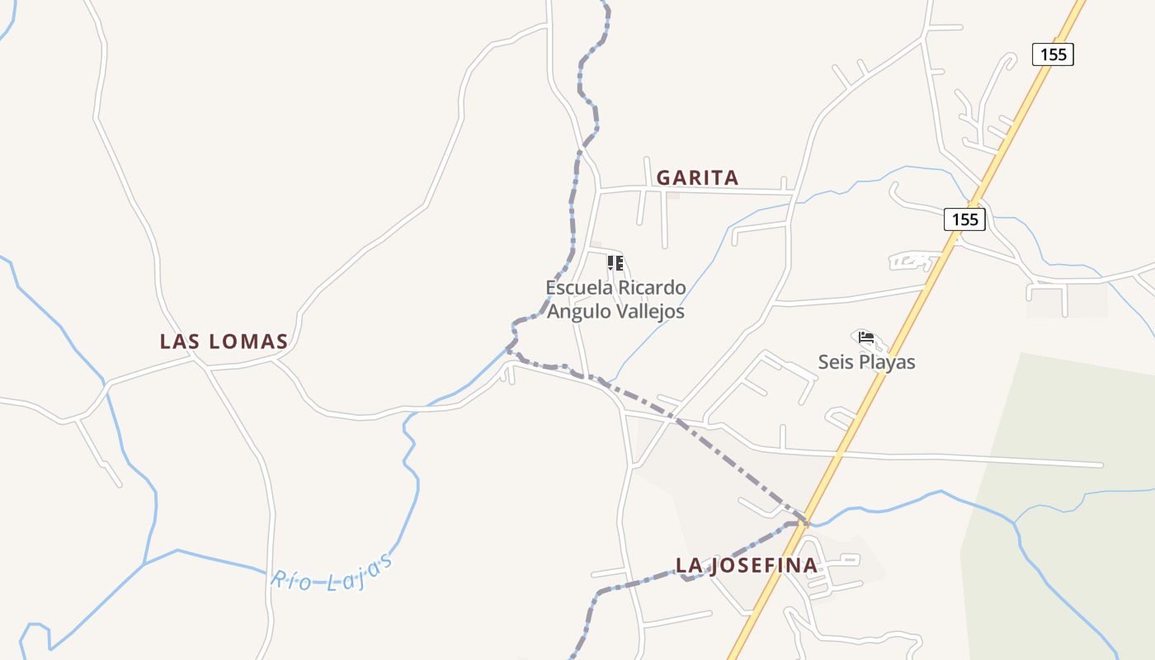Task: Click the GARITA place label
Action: (697, 178)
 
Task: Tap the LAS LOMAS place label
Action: (224, 342)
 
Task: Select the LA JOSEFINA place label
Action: (747, 565)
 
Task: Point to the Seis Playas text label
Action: (866, 362)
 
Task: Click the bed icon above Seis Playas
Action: (866, 337)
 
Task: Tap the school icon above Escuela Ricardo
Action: (615, 263)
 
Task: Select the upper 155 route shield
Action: (1053, 54)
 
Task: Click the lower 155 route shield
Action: (964, 219)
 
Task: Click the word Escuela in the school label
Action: (579, 288)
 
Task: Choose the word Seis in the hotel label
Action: (834, 362)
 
